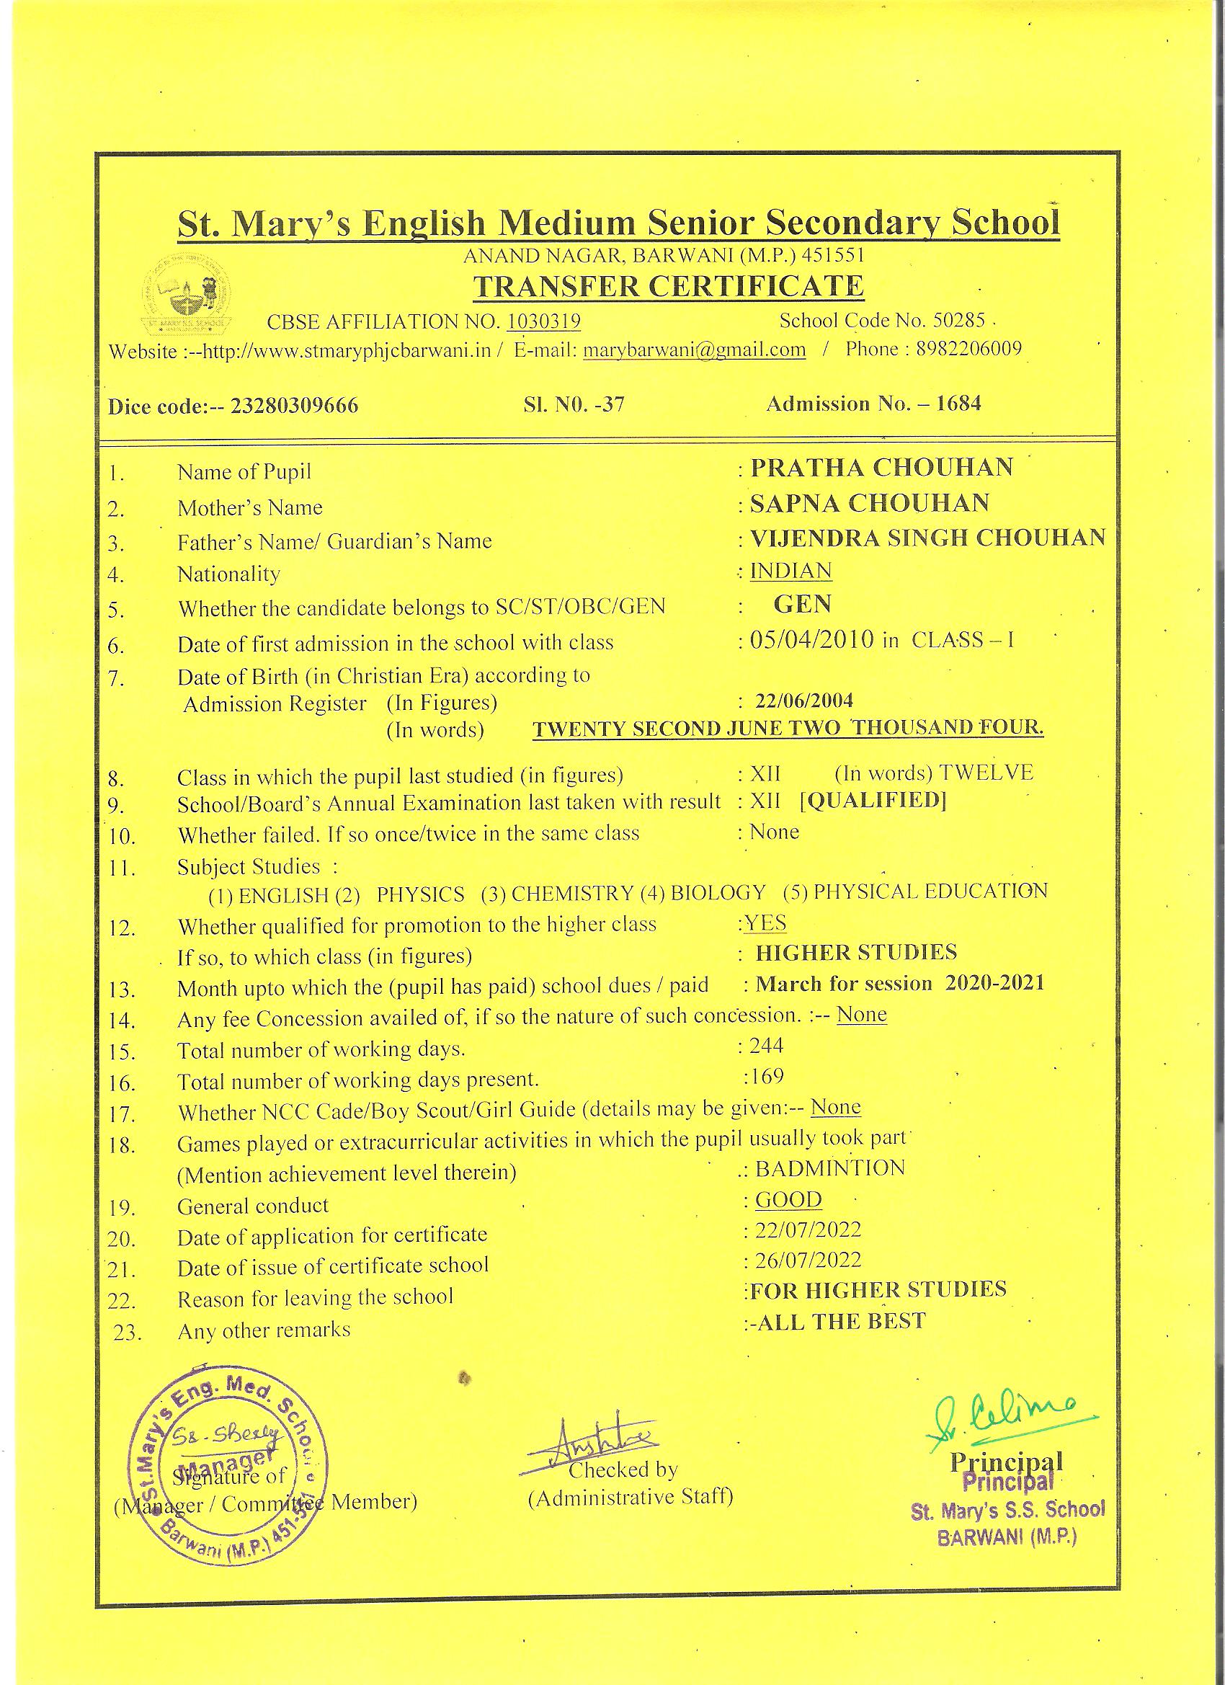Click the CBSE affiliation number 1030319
(x=544, y=321)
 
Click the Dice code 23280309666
(x=294, y=406)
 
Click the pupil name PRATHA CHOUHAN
(x=882, y=467)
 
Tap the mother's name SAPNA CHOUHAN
(x=870, y=503)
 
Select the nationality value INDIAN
(x=790, y=571)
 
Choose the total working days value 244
(x=767, y=1045)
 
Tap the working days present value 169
(x=767, y=1076)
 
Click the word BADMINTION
(x=830, y=1168)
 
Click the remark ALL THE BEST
(x=839, y=1321)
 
